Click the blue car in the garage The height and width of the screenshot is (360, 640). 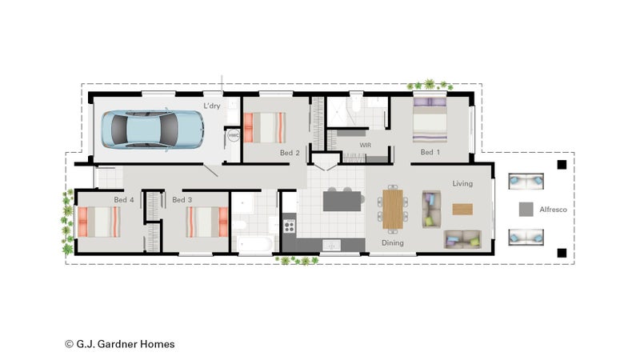[x=152, y=129]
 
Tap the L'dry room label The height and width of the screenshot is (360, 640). [x=212, y=106]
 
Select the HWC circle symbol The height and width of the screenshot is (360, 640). [x=234, y=135]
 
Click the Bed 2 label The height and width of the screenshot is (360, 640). [x=290, y=153]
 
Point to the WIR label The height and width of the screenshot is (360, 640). [x=366, y=145]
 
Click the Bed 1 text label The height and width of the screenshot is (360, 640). [x=430, y=152]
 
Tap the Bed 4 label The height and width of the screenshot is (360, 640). [x=124, y=199]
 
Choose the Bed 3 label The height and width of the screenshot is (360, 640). [x=182, y=199]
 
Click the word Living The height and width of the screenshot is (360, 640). [x=462, y=184]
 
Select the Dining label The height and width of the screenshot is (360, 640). [x=393, y=243]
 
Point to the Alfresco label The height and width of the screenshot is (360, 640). [x=553, y=210]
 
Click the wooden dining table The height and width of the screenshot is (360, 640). [x=393, y=209]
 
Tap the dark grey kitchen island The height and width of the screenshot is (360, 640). [x=342, y=201]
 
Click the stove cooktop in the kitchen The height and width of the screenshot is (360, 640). [x=289, y=226]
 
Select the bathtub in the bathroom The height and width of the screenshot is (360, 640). [x=254, y=245]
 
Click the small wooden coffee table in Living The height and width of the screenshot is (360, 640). [x=462, y=210]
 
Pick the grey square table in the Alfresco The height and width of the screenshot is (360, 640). [x=526, y=210]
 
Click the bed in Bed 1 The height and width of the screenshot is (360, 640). [x=430, y=119]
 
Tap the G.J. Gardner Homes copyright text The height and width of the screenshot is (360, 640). [x=119, y=344]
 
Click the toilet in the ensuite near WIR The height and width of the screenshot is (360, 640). [x=356, y=103]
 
